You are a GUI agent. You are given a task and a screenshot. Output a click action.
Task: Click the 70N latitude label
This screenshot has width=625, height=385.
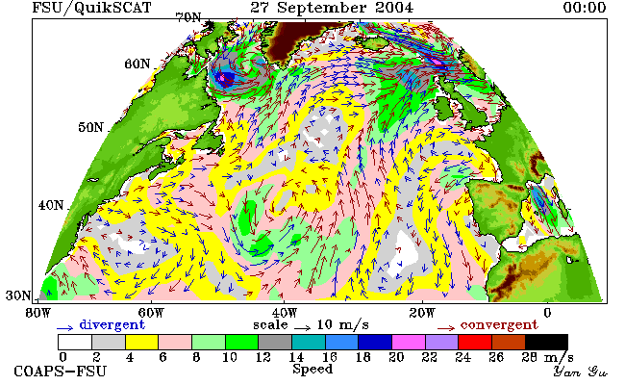coord(188,17)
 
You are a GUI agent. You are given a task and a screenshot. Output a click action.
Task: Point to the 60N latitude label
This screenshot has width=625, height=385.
coord(137,64)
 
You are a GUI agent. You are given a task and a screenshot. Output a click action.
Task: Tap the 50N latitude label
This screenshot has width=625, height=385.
coord(90,128)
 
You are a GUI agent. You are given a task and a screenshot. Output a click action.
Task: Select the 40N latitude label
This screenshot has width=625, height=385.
coord(51,205)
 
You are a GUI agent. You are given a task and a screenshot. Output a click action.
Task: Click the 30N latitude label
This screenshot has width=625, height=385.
coord(18,295)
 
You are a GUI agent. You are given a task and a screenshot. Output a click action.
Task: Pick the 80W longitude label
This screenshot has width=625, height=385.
coord(38,313)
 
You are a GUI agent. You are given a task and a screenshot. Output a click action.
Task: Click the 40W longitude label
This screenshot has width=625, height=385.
coord(285,313)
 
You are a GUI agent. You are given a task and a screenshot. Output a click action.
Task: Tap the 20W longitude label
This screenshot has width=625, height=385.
coord(422,313)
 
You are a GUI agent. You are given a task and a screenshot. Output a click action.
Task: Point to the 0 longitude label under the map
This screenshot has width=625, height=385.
coord(547,313)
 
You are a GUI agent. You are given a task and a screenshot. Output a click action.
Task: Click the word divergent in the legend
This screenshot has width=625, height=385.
coord(112,325)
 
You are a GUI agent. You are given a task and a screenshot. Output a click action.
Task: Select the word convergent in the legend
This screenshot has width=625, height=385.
coord(499,325)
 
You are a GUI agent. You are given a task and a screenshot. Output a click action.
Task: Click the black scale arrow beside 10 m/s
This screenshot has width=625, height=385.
coord(303,328)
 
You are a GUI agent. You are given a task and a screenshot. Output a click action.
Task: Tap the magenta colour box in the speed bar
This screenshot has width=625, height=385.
coord(408,343)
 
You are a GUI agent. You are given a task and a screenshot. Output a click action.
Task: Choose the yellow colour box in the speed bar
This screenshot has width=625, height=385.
coord(142,343)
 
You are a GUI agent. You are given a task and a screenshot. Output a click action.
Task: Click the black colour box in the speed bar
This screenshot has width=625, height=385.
coord(546,343)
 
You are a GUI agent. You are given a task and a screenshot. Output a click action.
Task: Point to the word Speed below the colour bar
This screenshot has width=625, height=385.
coord(312,369)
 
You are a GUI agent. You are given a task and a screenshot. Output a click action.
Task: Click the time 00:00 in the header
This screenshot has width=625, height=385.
coord(585,7)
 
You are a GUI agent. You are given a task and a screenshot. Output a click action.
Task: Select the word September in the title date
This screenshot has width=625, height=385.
coord(321,8)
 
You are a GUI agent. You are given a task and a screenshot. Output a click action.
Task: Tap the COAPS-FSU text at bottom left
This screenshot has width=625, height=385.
coord(61,372)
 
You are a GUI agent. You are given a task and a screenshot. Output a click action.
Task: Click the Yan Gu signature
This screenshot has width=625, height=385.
coord(580,372)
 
